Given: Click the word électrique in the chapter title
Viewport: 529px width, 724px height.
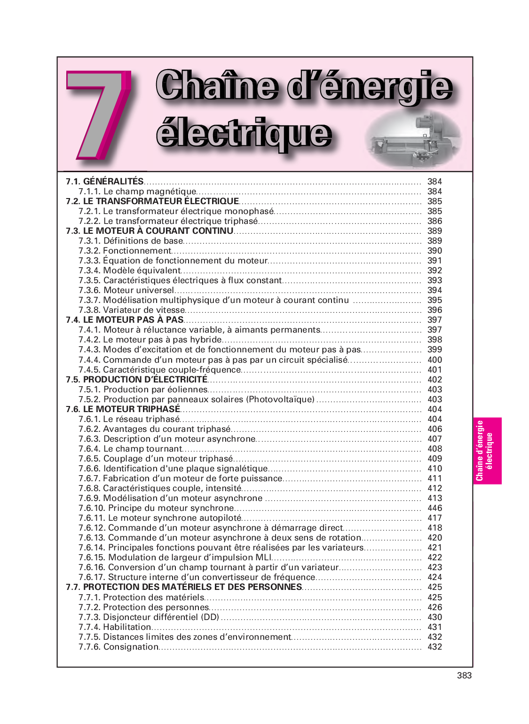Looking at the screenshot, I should click(x=244, y=134).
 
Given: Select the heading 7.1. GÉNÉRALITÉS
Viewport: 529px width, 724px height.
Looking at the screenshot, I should click(x=104, y=182).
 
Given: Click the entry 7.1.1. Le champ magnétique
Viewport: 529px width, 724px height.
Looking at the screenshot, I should click(x=137, y=191).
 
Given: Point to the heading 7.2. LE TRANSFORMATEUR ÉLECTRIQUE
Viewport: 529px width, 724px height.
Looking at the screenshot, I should click(x=152, y=201).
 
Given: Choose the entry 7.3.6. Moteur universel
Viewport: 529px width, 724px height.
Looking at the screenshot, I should click(x=126, y=290).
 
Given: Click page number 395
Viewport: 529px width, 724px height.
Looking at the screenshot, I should click(x=434, y=300).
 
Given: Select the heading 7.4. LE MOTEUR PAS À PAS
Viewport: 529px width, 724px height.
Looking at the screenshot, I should click(x=125, y=320).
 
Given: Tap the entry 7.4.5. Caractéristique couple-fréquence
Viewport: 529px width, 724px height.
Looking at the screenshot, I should click(x=159, y=370).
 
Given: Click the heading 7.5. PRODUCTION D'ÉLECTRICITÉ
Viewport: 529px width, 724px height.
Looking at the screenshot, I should click(x=136, y=380).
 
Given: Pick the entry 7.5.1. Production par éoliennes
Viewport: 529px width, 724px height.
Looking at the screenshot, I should click(x=143, y=390).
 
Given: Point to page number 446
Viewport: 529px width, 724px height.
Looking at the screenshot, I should click(x=434, y=508).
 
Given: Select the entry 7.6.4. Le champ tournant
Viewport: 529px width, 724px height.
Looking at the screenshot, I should click(x=130, y=449).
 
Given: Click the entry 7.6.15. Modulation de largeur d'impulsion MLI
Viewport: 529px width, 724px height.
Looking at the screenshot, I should click(x=175, y=557).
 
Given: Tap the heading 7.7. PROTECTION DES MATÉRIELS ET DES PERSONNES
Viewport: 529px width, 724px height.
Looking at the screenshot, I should click(x=184, y=587).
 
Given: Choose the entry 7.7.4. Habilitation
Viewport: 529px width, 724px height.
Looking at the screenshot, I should click(x=115, y=627).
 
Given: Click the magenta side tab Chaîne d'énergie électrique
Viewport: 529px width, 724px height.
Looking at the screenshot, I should click(x=487, y=451).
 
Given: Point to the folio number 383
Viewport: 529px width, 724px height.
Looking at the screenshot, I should click(x=464, y=676).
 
